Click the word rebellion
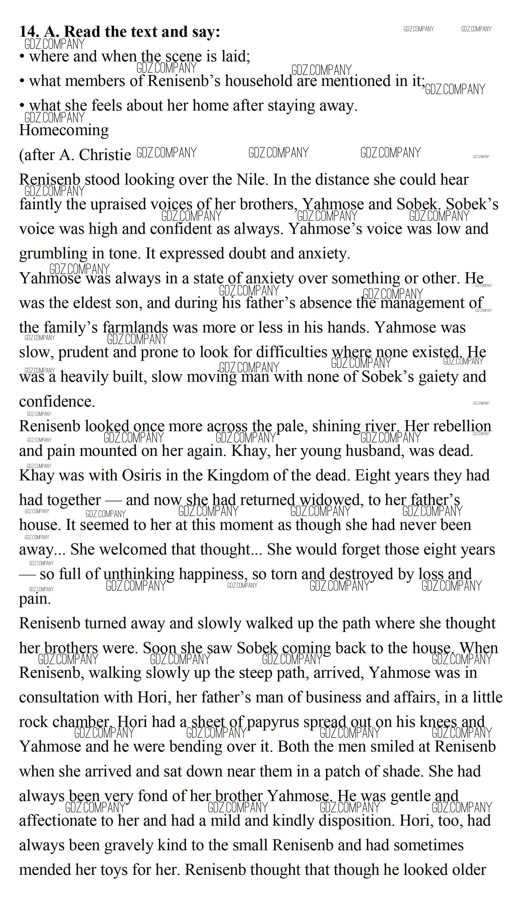click(x=462, y=426)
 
